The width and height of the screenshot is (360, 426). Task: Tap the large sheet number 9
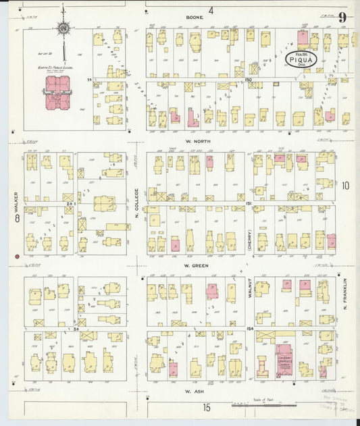[344, 17]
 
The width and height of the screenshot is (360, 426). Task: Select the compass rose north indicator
[63, 29]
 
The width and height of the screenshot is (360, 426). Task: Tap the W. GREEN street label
[194, 265]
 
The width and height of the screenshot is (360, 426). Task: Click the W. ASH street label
[194, 390]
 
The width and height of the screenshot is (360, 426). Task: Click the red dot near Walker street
[16, 257]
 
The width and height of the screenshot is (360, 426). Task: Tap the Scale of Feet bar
[263, 405]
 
